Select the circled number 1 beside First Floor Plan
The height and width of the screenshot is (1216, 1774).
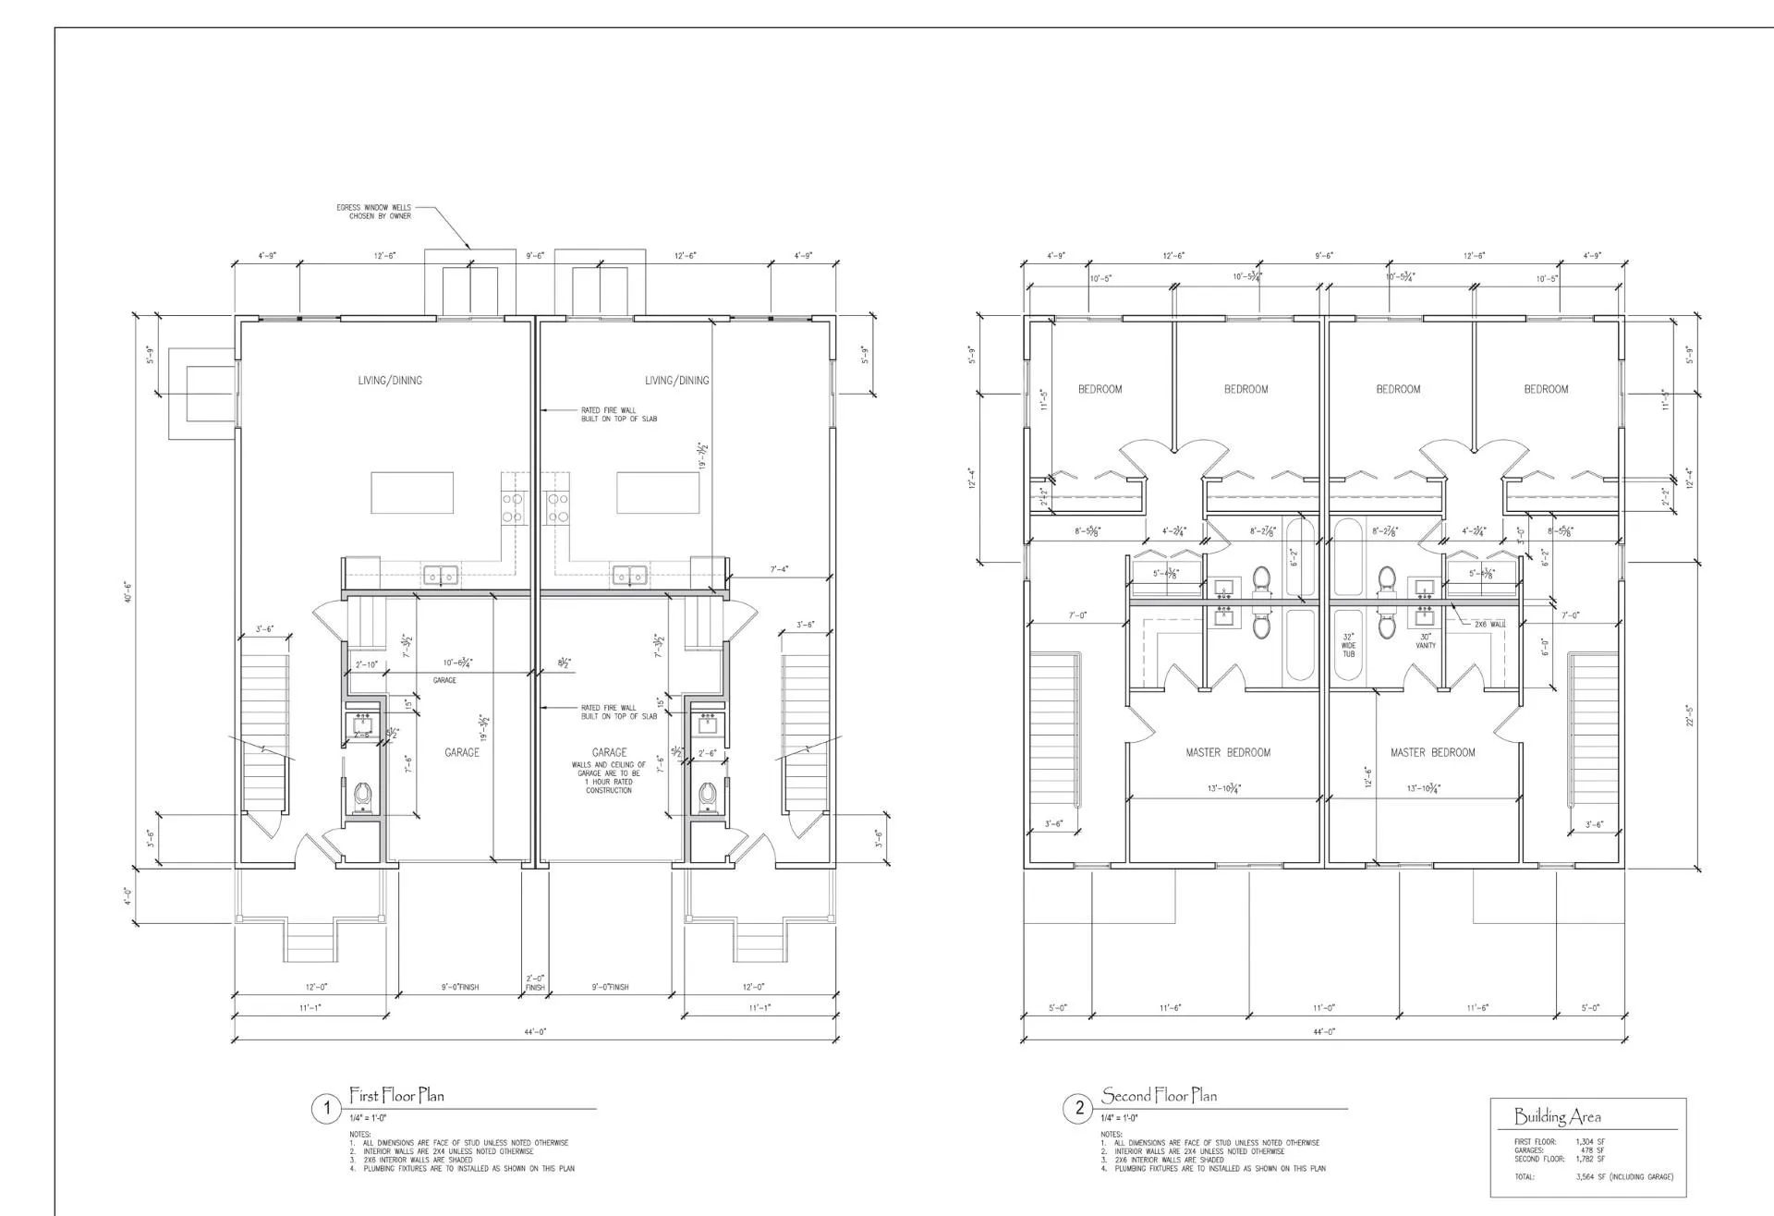(x=325, y=1108)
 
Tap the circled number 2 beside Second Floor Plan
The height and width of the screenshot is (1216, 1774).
(x=1078, y=1108)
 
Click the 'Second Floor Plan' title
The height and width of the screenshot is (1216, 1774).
(x=1159, y=1096)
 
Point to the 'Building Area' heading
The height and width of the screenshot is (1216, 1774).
(x=1557, y=1116)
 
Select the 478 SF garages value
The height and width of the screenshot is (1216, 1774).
(x=1593, y=1150)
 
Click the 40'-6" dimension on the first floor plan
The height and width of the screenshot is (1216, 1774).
(x=130, y=592)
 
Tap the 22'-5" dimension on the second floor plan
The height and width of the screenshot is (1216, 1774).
(x=1690, y=715)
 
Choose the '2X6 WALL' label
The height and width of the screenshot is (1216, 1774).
(x=1489, y=625)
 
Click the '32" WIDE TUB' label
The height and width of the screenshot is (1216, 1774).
(x=1348, y=645)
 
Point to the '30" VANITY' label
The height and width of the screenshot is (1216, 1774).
(x=1426, y=640)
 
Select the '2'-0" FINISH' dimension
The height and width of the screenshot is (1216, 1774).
(x=535, y=982)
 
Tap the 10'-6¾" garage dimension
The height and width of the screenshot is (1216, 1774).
(x=458, y=663)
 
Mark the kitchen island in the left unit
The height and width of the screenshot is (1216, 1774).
(x=412, y=492)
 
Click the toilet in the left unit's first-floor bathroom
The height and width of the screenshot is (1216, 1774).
(x=363, y=793)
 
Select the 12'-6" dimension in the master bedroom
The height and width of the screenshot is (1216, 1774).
(x=1368, y=776)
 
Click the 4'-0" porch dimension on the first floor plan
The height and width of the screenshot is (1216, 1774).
(x=128, y=895)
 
